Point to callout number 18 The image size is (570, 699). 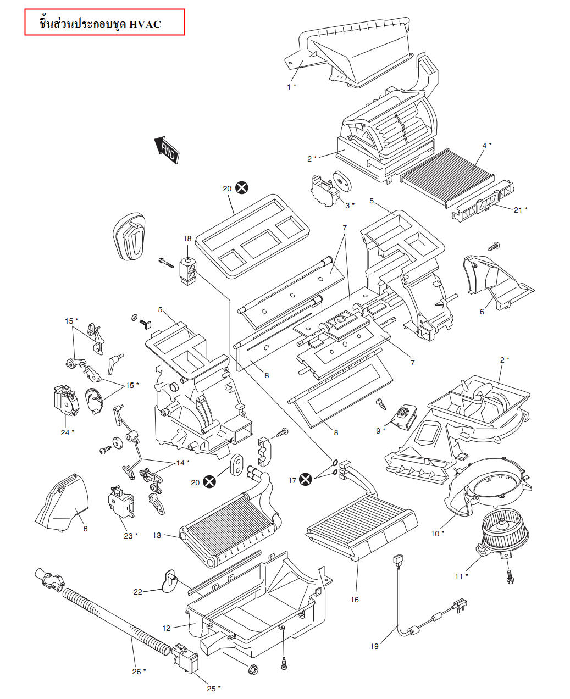point(187,238)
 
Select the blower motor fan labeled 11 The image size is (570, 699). point(505,530)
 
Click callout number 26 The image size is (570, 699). point(136,671)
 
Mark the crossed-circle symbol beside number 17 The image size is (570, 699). point(306,480)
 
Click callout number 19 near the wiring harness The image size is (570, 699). point(374,646)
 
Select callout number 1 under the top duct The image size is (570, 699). point(289,86)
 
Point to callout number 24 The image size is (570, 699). point(65,432)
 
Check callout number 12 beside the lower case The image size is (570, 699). point(167,628)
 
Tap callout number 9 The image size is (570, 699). point(378,430)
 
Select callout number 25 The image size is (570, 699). point(211,688)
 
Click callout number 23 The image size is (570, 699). point(128,535)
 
